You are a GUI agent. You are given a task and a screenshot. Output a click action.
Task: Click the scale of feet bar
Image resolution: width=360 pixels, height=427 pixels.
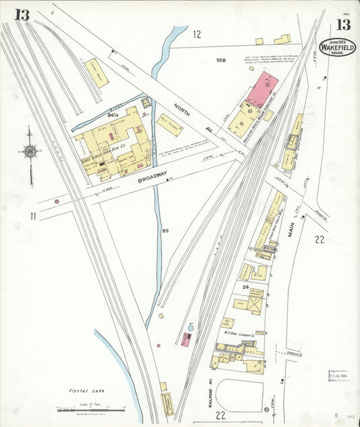point(91,409)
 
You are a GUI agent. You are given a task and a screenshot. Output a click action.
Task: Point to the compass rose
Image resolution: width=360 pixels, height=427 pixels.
point(30,151)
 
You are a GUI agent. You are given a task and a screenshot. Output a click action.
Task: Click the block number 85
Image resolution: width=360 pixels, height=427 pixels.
point(165,231)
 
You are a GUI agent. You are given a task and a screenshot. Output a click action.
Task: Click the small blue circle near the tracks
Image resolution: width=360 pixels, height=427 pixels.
point(190,327)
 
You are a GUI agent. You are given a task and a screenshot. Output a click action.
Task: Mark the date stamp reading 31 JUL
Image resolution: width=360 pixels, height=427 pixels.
point(341,376)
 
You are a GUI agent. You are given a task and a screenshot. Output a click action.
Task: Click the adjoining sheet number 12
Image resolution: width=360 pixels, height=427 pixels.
point(197,33)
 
